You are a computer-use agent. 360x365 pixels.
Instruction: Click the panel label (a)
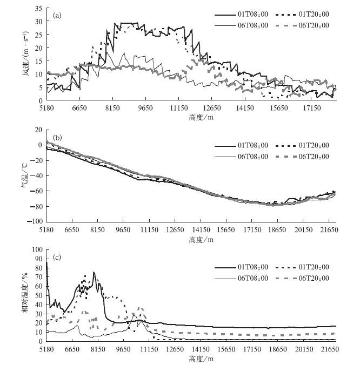point(58,15)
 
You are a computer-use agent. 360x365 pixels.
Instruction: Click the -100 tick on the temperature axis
point(35,221)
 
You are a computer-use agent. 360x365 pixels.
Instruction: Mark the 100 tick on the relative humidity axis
point(37,249)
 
